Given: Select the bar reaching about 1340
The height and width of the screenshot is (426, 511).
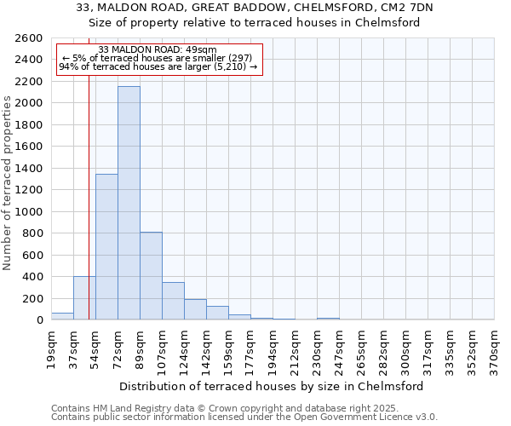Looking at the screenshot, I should (x=106, y=247).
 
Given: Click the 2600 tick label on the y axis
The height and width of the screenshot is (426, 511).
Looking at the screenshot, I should (x=29, y=38).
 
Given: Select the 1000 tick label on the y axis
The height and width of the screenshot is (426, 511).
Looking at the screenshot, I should (x=29, y=212).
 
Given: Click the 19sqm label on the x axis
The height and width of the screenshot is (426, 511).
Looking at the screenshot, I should (x=51, y=348).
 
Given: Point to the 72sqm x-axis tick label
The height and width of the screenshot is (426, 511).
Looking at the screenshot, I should (x=118, y=348).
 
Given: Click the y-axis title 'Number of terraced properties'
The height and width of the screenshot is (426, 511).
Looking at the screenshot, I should (x=8, y=183).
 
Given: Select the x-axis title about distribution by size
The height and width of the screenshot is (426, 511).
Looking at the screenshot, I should (x=272, y=387).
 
